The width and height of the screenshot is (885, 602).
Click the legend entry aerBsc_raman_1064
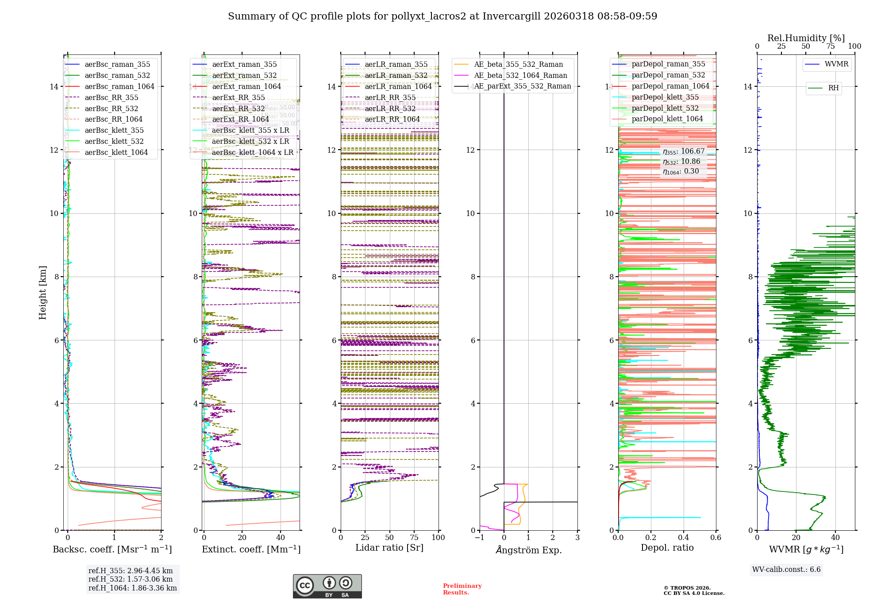pyautogui.click(x=119, y=86)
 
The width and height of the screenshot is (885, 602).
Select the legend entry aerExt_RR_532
pyautogui.click(x=238, y=108)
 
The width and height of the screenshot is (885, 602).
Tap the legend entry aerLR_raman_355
pyautogui.click(x=396, y=64)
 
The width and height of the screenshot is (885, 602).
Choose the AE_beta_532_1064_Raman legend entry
pyautogui.click(x=520, y=75)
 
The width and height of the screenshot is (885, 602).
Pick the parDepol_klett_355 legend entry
pyautogui.click(x=665, y=97)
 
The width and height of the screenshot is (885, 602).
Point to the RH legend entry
pyautogui.click(x=833, y=88)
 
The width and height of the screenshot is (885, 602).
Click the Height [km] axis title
pyautogui.click(x=42, y=293)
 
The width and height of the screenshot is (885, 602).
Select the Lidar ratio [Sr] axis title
pyautogui.click(x=389, y=548)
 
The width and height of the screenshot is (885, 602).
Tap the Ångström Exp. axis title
pyautogui.click(x=528, y=550)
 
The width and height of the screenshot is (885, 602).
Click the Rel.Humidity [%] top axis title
pyautogui.click(x=806, y=38)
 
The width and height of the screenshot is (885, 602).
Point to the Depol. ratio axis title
pyautogui.click(x=667, y=548)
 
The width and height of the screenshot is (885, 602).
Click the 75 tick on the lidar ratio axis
pyautogui.click(x=414, y=537)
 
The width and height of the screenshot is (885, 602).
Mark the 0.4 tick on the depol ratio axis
pyautogui.click(x=683, y=537)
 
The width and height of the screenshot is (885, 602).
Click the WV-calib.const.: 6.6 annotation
pyautogui.click(x=786, y=570)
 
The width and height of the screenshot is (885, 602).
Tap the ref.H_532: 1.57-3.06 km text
pyautogui.click(x=131, y=579)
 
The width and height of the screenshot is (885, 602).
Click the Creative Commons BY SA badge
pyautogui.click(x=327, y=586)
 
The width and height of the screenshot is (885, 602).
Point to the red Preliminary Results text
pyautogui.click(x=462, y=589)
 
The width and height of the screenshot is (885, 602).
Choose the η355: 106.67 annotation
pyautogui.click(x=683, y=151)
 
